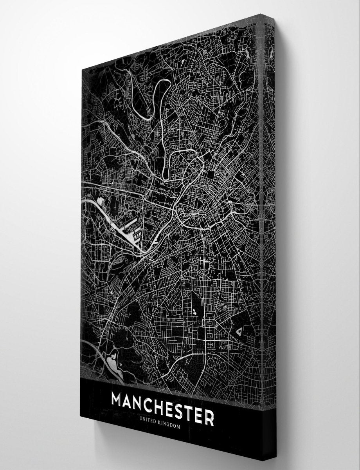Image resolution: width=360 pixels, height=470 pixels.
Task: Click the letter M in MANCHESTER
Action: [x=120, y=402]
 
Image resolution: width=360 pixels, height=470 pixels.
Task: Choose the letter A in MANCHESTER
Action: [x=133, y=403]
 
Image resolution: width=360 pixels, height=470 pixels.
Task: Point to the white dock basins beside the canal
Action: [x=129, y=233]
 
